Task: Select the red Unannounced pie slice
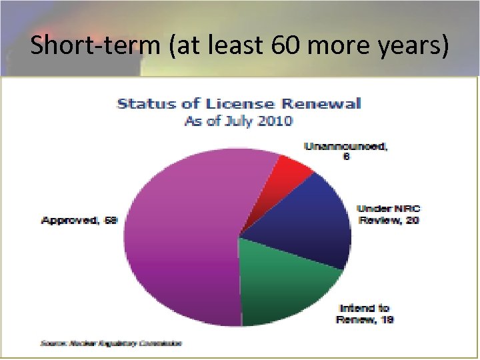pos(287,174)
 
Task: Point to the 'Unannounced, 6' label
pos(345,151)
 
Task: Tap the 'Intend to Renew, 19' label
pos(366,314)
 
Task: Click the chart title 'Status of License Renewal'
pos(239,104)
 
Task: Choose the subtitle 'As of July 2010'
pos(239,121)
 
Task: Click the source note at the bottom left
pos(111,343)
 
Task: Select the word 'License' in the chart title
pos(243,104)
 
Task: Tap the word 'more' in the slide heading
pos(337,45)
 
